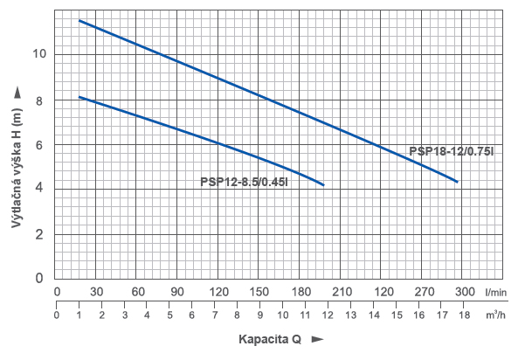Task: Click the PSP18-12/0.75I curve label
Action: (x=452, y=151)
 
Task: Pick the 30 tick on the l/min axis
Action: (x=97, y=291)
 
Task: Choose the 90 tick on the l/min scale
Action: (x=178, y=291)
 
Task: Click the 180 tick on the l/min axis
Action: (x=300, y=291)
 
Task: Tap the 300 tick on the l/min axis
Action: (x=464, y=291)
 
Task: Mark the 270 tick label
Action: (x=423, y=291)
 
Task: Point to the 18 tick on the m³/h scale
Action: (x=464, y=315)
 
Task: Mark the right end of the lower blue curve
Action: (x=323, y=185)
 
